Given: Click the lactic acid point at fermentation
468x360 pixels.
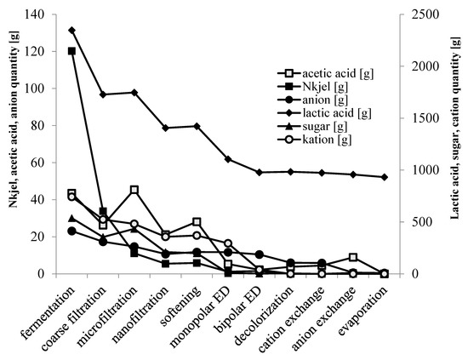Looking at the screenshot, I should coord(71,30).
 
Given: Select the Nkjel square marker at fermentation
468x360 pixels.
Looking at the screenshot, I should coord(71,51).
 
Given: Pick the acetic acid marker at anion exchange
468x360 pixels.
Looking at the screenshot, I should coord(353,257).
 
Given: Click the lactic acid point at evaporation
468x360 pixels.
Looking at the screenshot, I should coord(385,177).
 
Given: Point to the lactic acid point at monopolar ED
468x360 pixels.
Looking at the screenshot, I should coord(228,159).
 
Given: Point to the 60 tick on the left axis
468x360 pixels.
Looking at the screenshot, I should coord(44,163).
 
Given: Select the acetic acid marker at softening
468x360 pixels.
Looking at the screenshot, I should coord(197,222).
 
